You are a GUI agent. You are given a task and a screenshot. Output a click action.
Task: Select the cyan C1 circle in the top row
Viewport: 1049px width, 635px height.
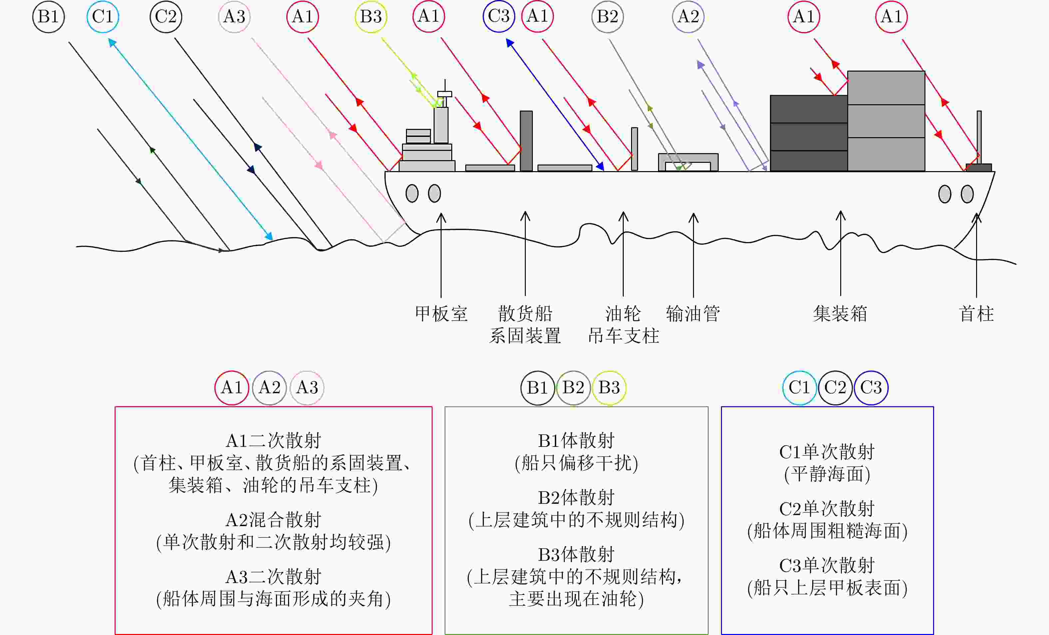click(x=103, y=17)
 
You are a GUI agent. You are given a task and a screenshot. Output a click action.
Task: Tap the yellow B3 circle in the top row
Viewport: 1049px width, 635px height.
click(x=371, y=17)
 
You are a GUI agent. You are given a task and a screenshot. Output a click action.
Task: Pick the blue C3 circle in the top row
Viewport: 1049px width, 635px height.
click(x=499, y=17)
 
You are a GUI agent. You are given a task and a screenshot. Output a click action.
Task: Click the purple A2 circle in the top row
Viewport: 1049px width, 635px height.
click(x=688, y=17)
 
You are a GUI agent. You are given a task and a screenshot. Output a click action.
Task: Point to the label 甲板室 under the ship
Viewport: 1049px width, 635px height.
click(x=441, y=314)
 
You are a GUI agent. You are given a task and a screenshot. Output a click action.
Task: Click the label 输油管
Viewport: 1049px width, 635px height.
click(x=693, y=314)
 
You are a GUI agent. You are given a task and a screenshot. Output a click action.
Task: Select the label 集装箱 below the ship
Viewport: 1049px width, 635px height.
click(x=840, y=314)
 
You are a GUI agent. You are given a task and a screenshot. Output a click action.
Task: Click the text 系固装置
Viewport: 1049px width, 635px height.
click(x=525, y=336)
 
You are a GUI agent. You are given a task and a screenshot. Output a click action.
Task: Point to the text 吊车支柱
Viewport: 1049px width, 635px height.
click(x=624, y=336)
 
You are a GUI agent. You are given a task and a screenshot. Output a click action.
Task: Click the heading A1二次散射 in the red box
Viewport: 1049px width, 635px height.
click(x=273, y=441)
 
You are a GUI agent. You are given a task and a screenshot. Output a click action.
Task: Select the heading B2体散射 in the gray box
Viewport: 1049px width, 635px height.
click(x=576, y=497)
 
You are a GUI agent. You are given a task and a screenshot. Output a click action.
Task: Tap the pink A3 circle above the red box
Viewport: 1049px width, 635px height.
click(x=307, y=388)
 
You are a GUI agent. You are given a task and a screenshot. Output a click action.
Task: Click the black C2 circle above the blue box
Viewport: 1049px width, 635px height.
click(x=835, y=388)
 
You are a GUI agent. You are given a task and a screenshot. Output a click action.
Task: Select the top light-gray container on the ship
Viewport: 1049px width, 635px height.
click(x=886, y=88)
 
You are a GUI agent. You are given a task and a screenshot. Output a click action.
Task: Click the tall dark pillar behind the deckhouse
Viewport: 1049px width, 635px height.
click(x=526, y=141)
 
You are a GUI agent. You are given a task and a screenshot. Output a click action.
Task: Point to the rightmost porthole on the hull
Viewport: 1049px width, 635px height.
click(x=967, y=194)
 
